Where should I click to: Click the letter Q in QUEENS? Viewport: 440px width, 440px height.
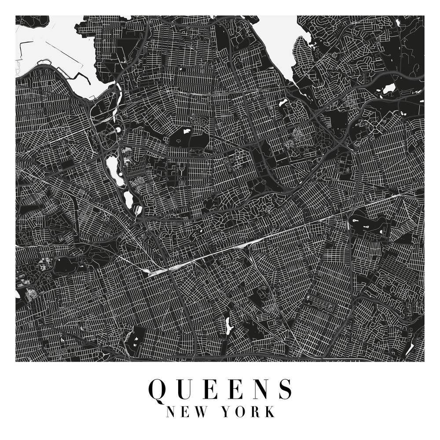[x=158, y=389]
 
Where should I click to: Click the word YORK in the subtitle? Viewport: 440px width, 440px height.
[x=248, y=412]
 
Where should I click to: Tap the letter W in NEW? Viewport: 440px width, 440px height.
[x=200, y=412]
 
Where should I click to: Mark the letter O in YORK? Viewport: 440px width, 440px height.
[x=241, y=412]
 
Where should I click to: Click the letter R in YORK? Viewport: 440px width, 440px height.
[x=256, y=412]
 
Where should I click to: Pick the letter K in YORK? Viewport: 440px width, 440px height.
[x=270, y=412]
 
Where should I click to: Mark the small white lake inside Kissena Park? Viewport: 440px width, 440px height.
[x=183, y=131]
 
